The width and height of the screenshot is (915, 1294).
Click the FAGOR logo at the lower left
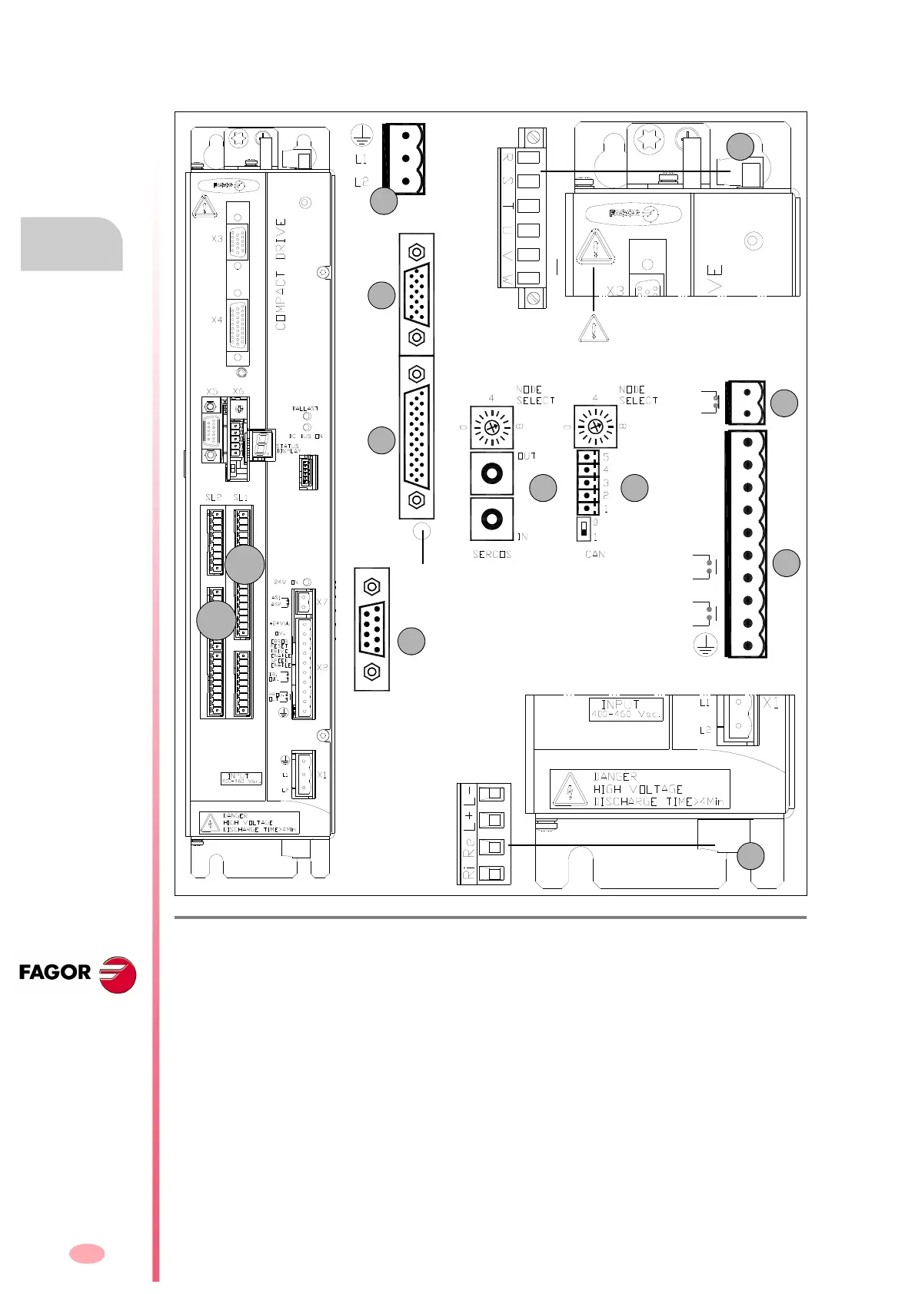point(77,974)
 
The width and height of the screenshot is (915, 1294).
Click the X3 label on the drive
point(217,239)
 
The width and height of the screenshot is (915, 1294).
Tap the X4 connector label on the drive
point(217,320)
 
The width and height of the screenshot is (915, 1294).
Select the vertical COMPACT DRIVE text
point(281,274)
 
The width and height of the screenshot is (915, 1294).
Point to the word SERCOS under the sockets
point(492,554)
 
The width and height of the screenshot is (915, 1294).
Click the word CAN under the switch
point(594,554)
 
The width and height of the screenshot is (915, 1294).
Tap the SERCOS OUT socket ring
point(492,473)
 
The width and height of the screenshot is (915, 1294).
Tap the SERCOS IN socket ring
point(492,519)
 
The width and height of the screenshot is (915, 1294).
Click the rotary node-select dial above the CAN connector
point(594,426)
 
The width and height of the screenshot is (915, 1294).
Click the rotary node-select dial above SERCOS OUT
point(492,426)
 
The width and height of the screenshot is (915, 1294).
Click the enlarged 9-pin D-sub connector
point(372,629)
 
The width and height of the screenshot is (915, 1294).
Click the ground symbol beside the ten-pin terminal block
point(705,645)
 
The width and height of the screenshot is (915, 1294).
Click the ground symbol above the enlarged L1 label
point(361,137)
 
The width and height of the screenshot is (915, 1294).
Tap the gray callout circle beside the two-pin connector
point(784,403)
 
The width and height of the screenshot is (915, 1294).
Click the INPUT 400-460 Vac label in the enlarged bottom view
point(626,708)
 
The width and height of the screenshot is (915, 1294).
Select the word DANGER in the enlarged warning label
point(615,777)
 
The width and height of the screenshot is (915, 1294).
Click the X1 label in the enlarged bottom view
point(771,703)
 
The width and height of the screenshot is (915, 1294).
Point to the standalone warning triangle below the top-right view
point(593,329)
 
